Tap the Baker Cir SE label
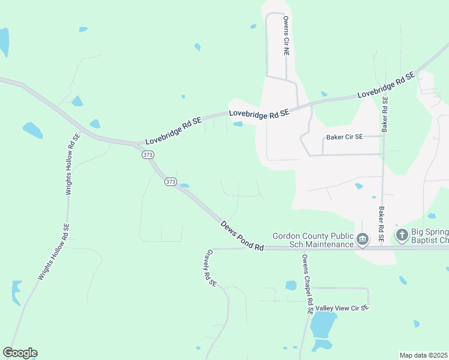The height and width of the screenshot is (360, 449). pos(345,137)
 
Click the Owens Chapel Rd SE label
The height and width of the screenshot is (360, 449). pos(306,284)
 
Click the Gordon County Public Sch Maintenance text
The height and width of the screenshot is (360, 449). pos(312,240)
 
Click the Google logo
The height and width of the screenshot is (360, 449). pos(20,353)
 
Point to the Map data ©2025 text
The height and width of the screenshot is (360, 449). pos(423,355)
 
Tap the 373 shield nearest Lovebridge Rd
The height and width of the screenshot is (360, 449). pos(148,155)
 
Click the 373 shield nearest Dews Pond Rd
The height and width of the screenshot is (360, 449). pos(171,181)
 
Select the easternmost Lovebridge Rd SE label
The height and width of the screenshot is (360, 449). pos(386,86)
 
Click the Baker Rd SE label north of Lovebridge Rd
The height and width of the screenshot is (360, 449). pos(384,115)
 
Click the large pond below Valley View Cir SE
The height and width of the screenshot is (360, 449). pos(322,326)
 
